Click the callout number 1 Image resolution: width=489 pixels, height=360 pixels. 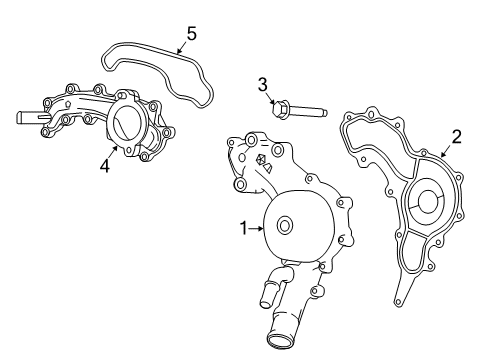tap(243, 229)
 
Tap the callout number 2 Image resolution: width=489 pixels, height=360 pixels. tap(456, 137)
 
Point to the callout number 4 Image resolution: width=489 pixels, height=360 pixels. tap(104, 166)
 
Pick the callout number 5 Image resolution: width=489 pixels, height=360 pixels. tap(190, 33)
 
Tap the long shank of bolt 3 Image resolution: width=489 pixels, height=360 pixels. tap(310, 110)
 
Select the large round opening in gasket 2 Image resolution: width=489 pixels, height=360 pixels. tap(427, 203)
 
